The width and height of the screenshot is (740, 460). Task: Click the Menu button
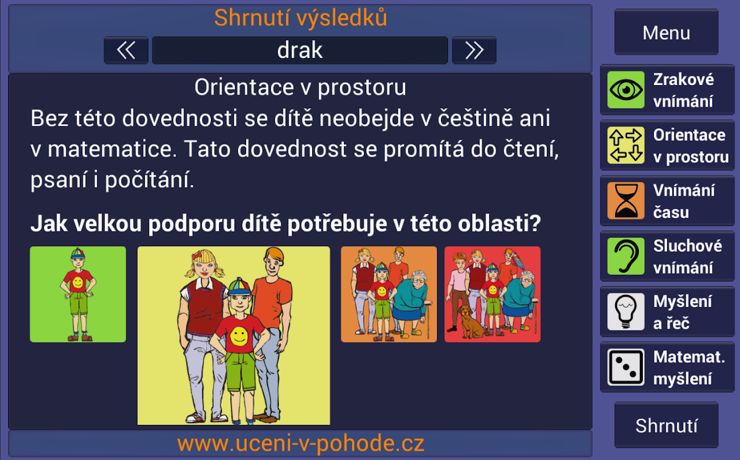click(666, 32)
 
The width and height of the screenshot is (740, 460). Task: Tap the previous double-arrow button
click(126, 50)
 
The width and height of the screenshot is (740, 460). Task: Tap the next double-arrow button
click(474, 50)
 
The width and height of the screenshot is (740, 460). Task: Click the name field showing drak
click(300, 50)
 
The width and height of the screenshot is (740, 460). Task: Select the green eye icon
click(626, 90)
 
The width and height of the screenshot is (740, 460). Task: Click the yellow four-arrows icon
click(626, 145)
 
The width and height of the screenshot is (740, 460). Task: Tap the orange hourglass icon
click(626, 201)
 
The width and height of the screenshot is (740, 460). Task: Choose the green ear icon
click(626, 256)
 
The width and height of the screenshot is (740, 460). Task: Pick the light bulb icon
click(626, 312)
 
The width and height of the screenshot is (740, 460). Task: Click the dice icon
click(626, 367)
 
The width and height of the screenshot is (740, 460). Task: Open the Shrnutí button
click(666, 425)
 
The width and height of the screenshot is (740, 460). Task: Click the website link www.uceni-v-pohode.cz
click(301, 443)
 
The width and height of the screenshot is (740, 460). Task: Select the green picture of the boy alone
click(78, 294)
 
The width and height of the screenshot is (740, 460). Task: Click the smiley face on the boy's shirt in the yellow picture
click(239, 336)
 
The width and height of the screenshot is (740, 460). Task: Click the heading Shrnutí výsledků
click(301, 17)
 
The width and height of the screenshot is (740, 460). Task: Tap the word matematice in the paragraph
click(112, 149)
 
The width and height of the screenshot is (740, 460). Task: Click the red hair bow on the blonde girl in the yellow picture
click(198, 255)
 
